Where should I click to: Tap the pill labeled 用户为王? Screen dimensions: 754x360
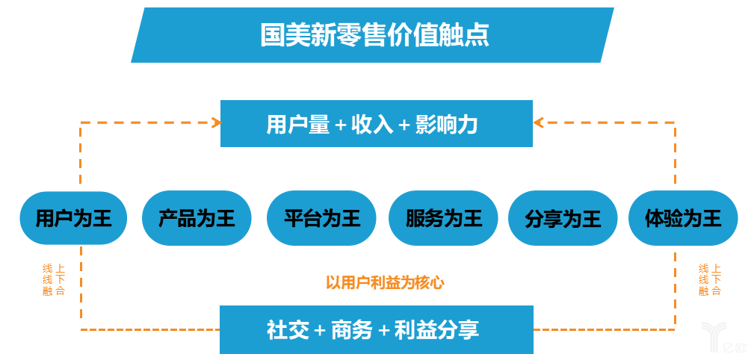73,218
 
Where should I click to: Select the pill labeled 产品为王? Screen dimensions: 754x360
197,218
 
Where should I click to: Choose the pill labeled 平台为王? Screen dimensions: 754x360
321,218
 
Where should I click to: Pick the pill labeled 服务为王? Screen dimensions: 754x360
443,218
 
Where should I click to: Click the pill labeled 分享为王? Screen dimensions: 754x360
563,218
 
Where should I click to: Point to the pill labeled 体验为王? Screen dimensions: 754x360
683,218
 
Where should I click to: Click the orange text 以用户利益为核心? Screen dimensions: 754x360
385,282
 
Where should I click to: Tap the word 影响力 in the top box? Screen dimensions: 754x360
446,125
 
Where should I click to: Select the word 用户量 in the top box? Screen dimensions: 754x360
298,125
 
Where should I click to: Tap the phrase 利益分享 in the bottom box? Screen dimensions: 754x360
436,330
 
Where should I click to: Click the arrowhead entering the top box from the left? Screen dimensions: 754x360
217,122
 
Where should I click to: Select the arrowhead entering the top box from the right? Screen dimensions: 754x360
538,122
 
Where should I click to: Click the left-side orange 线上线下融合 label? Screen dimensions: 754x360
54,279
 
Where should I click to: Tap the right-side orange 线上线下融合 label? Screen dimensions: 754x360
710,279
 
